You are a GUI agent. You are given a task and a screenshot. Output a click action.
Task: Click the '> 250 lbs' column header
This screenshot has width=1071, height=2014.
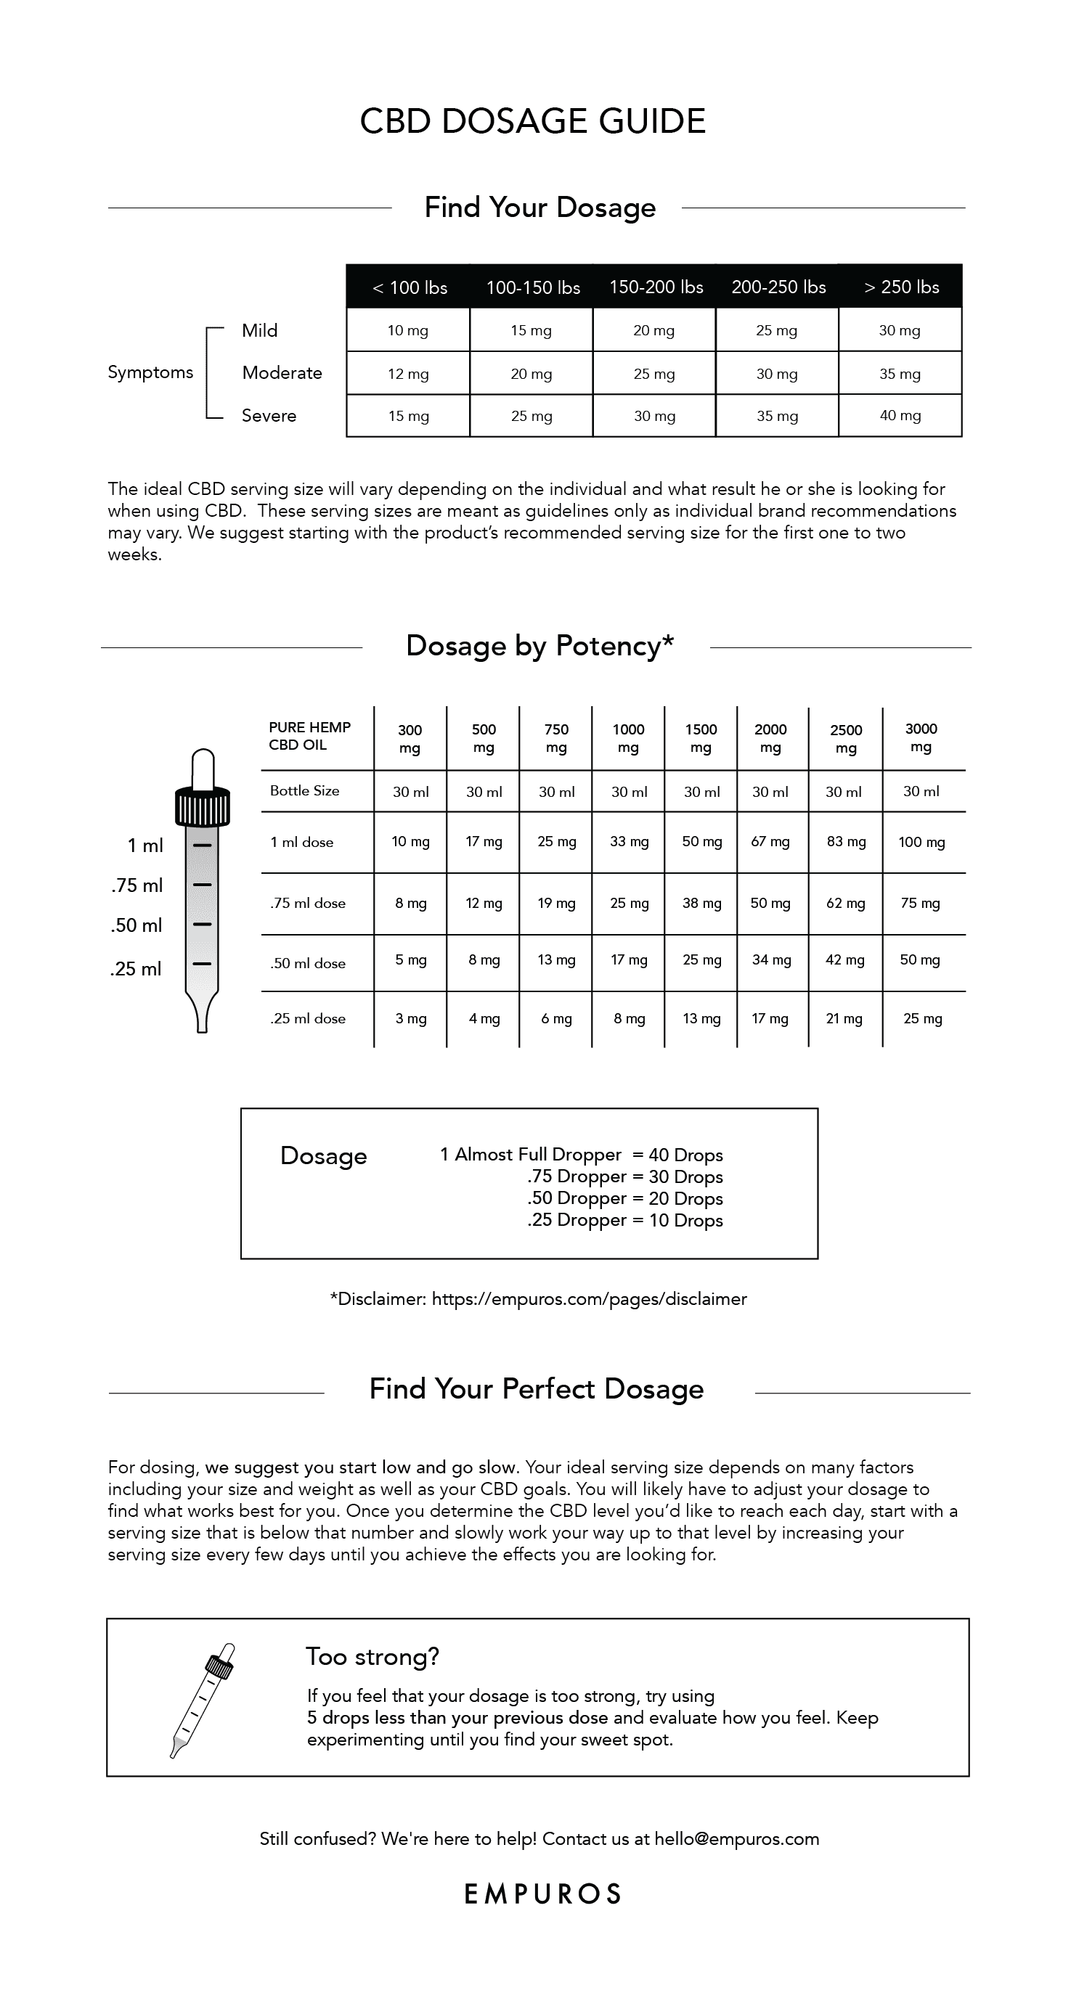click(x=901, y=287)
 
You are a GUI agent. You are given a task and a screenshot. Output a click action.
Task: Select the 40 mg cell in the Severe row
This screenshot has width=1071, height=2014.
click(x=900, y=416)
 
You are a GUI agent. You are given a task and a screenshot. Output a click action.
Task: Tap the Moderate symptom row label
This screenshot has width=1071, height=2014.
click(x=282, y=373)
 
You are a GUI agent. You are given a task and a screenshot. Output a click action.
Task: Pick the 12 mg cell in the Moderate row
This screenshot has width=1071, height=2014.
click(x=407, y=374)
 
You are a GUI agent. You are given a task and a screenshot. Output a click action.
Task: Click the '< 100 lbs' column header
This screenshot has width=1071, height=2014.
click(x=409, y=287)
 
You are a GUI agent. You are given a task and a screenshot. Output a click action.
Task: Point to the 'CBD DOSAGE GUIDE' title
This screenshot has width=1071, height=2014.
click(x=533, y=121)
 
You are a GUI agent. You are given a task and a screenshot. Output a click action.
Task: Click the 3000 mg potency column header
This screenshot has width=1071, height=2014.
click(x=921, y=737)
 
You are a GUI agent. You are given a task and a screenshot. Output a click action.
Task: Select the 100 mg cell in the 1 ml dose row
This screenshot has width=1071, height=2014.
click(x=921, y=842)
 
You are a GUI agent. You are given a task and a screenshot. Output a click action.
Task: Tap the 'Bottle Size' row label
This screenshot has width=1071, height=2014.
click(x=304, y=790)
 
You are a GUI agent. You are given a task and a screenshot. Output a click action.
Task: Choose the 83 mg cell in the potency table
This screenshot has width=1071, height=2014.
click(x=846, y=841)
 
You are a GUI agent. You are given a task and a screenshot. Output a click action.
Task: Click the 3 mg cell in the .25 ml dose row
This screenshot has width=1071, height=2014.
click(x=411, y=1018)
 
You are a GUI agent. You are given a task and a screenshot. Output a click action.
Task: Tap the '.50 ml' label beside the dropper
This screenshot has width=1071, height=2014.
click(x=136, y=925)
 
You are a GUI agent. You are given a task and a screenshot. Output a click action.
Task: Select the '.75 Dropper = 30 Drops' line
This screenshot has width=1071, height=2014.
click(x=624, y=1176)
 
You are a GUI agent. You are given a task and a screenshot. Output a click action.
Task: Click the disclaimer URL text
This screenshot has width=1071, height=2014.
click(x=589, y=1298)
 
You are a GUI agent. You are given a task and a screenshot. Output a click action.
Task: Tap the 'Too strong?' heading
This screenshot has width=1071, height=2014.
click(x=372, y=1656)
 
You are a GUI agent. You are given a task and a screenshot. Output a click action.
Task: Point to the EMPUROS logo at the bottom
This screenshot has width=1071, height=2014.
click(x=543, y=1894)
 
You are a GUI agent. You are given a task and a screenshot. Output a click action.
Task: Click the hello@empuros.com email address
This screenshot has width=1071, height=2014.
click(x=736, y=1839)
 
